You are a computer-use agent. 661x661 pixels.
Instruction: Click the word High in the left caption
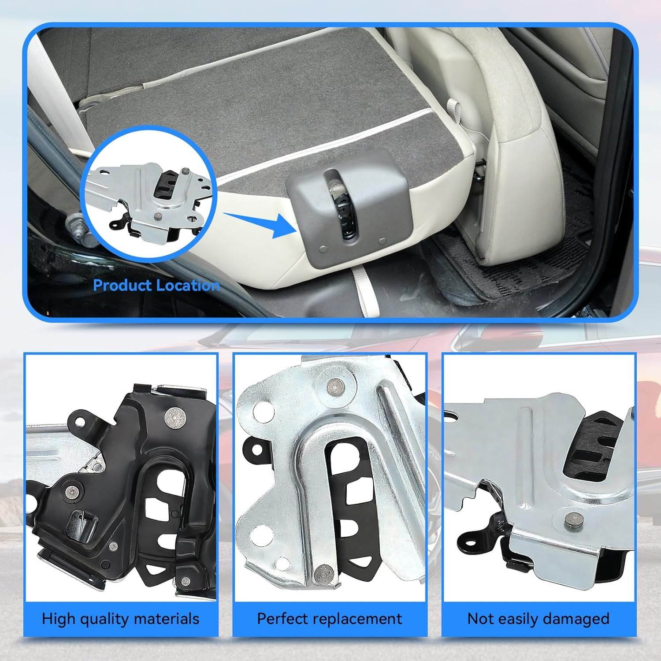(x=59, y=619)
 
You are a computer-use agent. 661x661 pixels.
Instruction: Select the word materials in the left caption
(x=166, y=619)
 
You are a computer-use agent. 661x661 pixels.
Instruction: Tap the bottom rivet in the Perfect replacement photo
(x=323, y=573)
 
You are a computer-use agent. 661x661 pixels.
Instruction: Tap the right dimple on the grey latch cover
(x=382, y=241)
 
